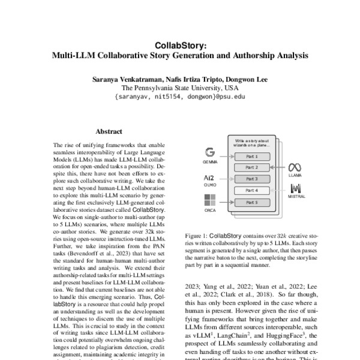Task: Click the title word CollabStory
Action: [x=180, y=44]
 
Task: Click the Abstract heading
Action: [x=109, y=131]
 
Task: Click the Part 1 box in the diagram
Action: [x=251, y=155]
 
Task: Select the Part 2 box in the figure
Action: [x=251, y=167]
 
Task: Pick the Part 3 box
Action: [x=251, y=179]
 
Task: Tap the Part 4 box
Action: [x=251, y=191]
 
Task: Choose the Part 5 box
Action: [x=251, y=203]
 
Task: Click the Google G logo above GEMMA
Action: [x=210, y=152]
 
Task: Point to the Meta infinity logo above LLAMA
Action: [x=294, y=167]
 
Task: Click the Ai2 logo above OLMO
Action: [x=210, y=178]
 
